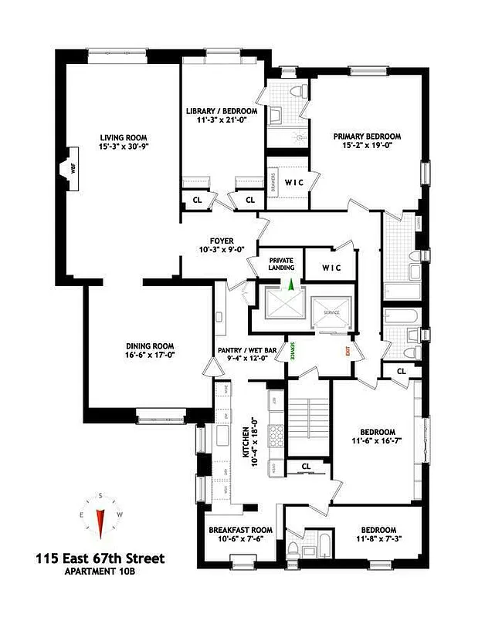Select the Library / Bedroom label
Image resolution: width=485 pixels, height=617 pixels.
(x=222, y=112)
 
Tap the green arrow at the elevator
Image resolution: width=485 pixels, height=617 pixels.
(x=290, y=285)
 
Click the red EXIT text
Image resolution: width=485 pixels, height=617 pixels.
(x=348, y=352)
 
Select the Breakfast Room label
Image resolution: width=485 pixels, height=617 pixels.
(x=240, y=530)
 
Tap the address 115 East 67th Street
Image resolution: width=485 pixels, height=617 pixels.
(x=100, y=558)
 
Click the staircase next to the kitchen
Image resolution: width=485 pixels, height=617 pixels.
(x=307, y=424)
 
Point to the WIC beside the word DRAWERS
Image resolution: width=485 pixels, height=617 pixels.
(x=293, y=183)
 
